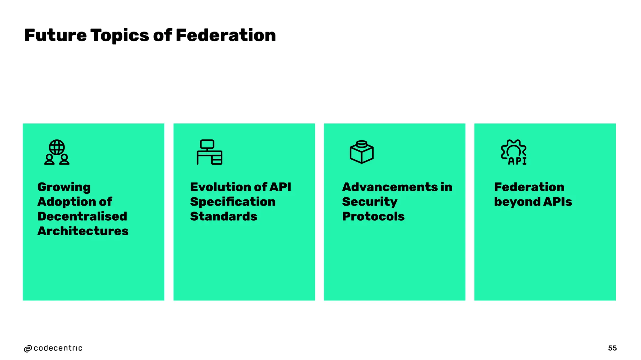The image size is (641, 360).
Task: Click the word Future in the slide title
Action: [55, 35]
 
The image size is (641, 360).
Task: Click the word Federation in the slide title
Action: [226, 35]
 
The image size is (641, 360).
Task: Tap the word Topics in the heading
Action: [120, 36]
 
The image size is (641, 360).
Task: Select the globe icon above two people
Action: [57, 152]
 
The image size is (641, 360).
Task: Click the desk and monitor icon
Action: [209, 152]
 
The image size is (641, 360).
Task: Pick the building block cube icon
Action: [362, 152]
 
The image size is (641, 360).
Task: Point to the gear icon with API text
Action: [514, 152]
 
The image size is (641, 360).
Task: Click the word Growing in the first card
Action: [64, 187]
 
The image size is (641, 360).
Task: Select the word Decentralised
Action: [82, 216]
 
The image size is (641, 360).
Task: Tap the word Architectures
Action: [83, 231]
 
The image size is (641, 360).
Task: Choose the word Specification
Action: [233, 202]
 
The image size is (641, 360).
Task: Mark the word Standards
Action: [223, 216]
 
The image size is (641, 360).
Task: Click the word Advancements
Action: [390, 187]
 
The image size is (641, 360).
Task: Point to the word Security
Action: [370, 202]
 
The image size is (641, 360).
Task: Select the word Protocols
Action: [373, 216]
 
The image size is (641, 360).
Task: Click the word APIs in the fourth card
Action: [557, 202]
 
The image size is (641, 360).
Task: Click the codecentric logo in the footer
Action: [53, 348]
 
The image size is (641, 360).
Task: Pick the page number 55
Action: [612, 348]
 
